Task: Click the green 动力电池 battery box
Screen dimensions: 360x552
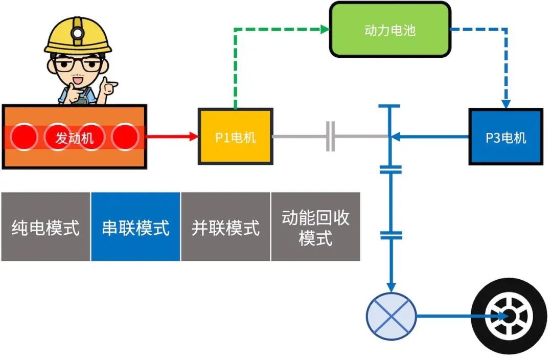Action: point(390,30)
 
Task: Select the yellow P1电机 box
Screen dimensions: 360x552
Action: point(235,137)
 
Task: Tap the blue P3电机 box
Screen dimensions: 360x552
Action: point(505,137)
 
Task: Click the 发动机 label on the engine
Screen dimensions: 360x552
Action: point(75,137)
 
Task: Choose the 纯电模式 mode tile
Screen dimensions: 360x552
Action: point(45,227)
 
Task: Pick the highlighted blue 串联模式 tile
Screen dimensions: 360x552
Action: point(135,227)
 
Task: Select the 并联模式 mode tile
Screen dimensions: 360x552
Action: point(225,227)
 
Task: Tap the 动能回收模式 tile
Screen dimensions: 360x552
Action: point(315,227)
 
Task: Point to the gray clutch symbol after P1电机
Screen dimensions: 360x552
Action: point(331,137)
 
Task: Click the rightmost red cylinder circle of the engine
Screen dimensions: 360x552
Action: point(125,137)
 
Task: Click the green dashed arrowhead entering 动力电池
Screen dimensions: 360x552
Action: point(325,30)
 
